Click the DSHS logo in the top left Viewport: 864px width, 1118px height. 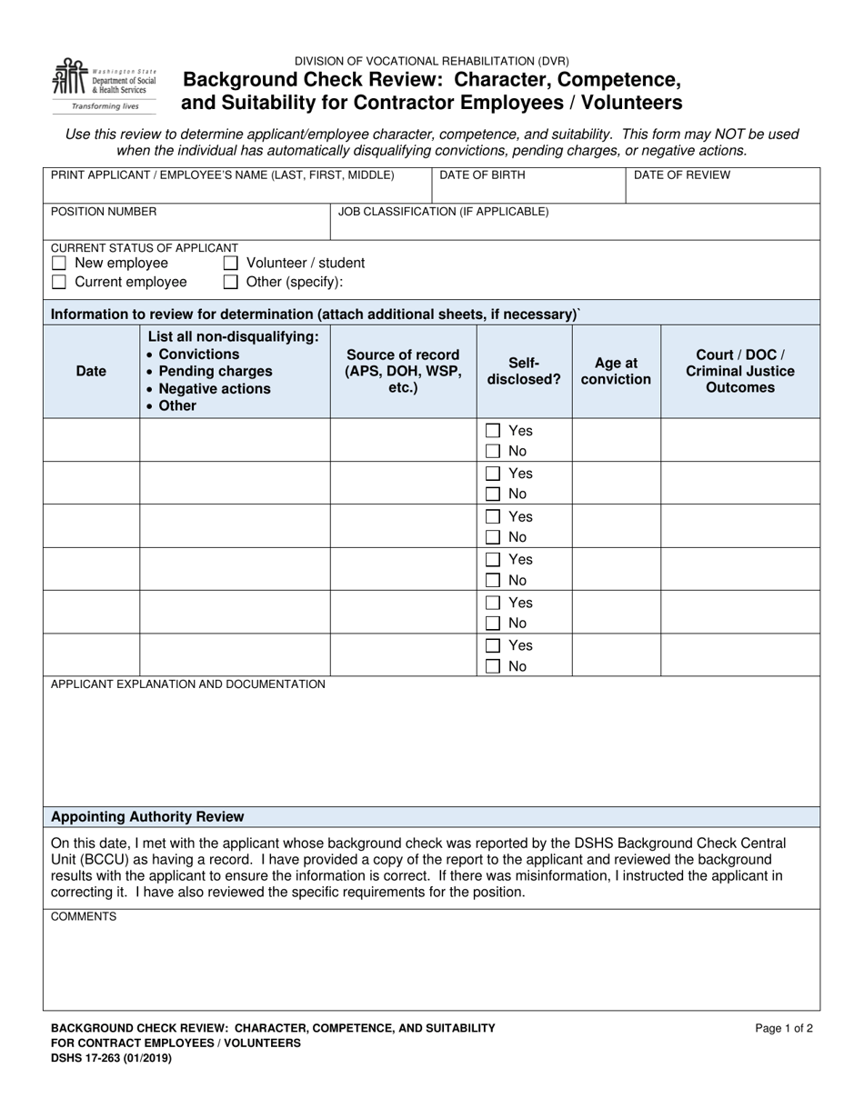point(103,84)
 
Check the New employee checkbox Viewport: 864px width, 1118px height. point(59,264)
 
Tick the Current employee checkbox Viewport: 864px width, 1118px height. point(59,283)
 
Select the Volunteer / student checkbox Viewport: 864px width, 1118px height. point(231,264)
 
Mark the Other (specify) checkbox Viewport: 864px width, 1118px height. point(231,283)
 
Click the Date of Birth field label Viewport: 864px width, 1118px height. point(482,175)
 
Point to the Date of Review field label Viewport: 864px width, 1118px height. point(681,175)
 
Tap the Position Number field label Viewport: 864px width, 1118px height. point(104,212)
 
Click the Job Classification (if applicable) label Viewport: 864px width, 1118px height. point(443,212)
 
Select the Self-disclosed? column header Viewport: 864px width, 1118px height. point(524,371)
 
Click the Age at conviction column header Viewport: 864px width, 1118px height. point(616,371)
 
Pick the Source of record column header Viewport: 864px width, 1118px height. point(403,371)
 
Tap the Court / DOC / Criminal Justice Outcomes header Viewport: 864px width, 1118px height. point(739,371)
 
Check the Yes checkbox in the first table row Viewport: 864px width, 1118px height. point(493,431)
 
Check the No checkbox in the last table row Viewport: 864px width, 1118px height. point(493,666)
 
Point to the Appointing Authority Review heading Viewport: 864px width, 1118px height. point(147,817)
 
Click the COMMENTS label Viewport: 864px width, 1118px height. point(84,917)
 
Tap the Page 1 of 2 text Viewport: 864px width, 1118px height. point(784,1029)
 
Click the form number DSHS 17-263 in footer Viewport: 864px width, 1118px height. point(111,1058)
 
